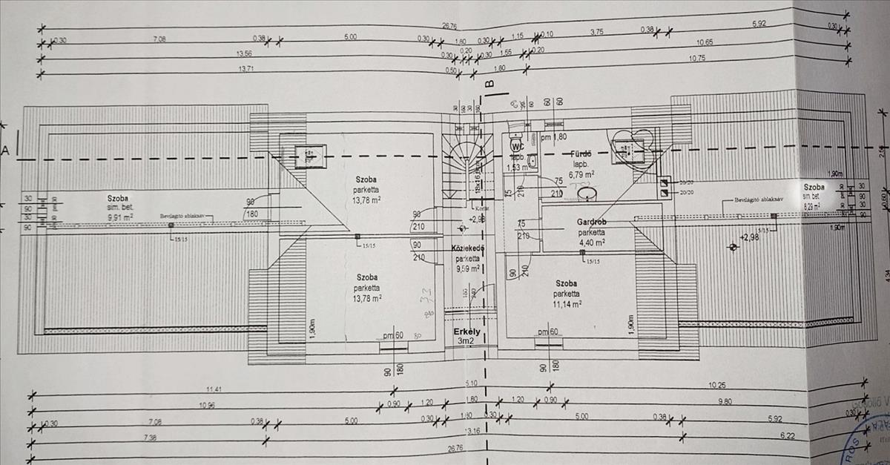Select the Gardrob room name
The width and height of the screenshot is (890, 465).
[593, 222]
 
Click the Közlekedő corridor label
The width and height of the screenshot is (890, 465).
[468, 248]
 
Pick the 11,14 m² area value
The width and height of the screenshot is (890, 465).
[566, 303]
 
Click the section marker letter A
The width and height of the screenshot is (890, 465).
[5, 150]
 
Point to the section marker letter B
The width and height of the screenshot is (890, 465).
[488, 83]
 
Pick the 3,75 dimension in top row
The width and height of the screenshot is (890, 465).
[596, 33]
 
